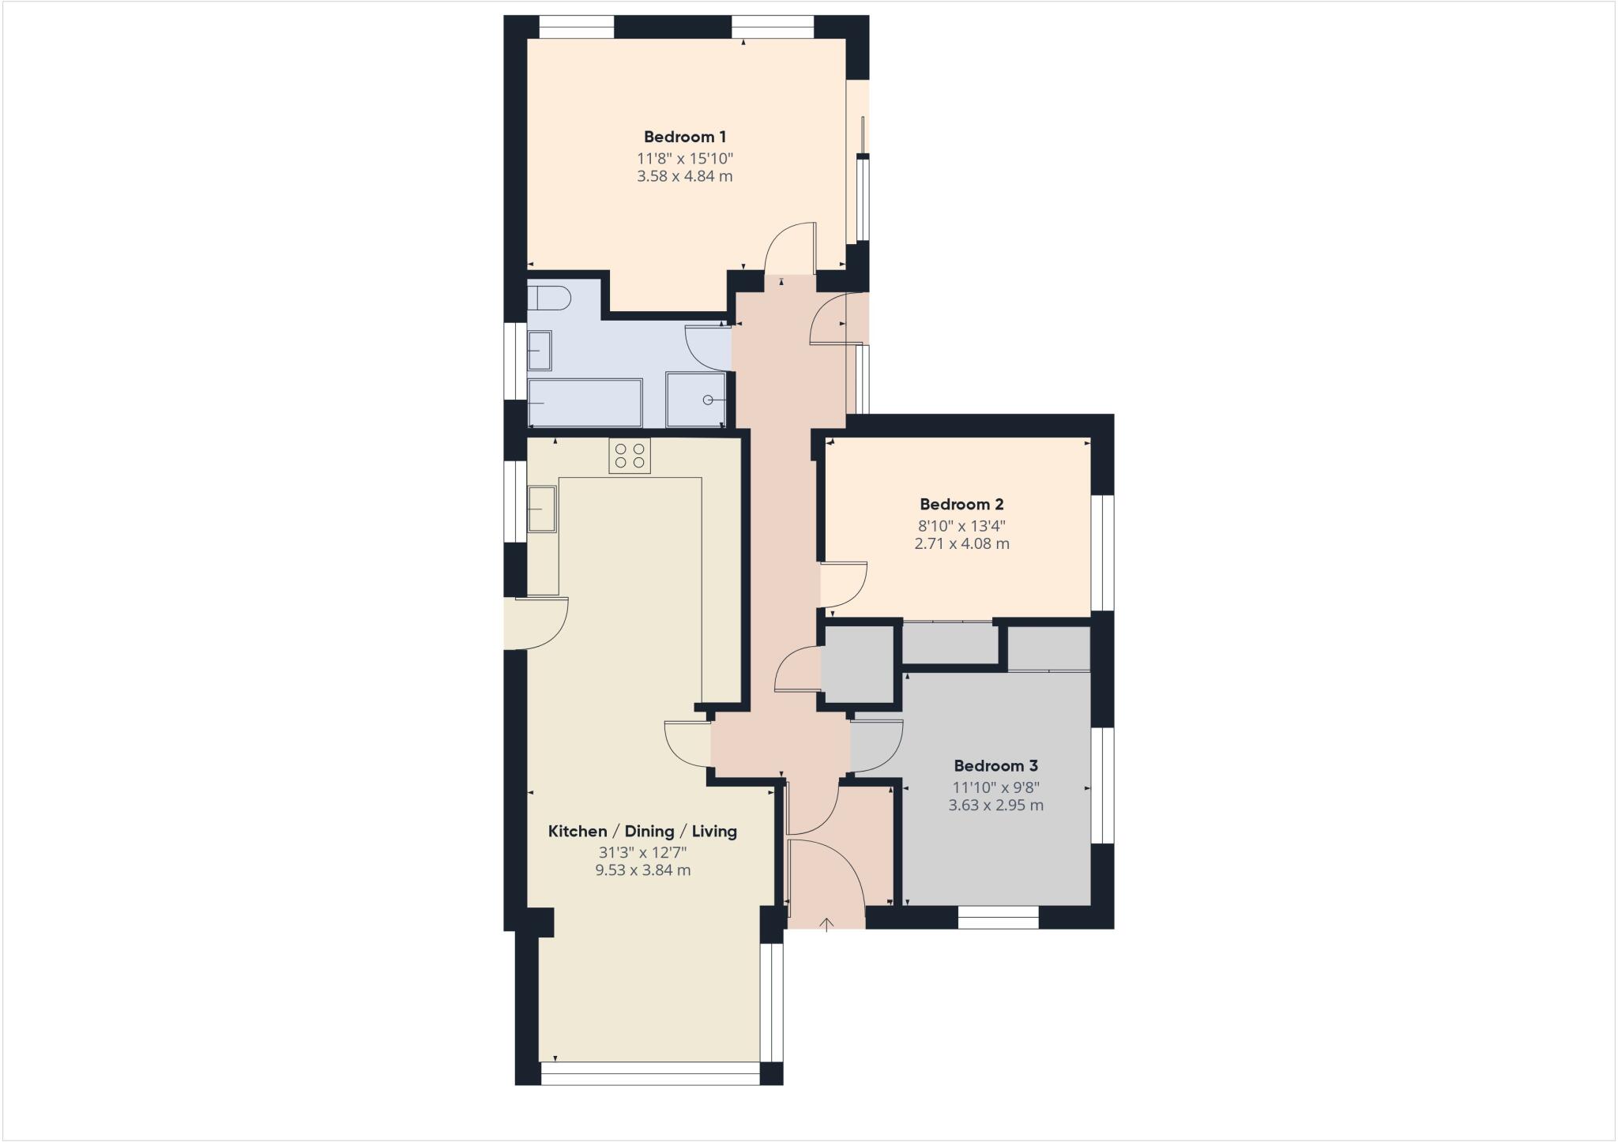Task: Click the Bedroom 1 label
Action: [x=684, y=137]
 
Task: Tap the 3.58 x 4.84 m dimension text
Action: [x=684, y=176]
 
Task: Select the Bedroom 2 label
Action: [x=961, y=504]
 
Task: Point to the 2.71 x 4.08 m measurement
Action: [x=961, y=543]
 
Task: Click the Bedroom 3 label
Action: [x=995, y=765]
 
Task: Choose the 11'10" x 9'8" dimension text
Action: [x=995, y=787]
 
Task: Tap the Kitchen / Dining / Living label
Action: [x=642, y=831]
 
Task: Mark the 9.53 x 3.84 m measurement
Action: [x=642, y=870]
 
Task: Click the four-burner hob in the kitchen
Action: [x=630, y=456]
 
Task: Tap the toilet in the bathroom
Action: [x=548, y=299]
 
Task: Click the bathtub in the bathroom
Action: [x=585, y=403]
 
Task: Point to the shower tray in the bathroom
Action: [x=696, y=400]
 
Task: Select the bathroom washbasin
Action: [x=540, y=350]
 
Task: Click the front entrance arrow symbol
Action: [x=827, y=924]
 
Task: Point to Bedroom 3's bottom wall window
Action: [x=998, y=917]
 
